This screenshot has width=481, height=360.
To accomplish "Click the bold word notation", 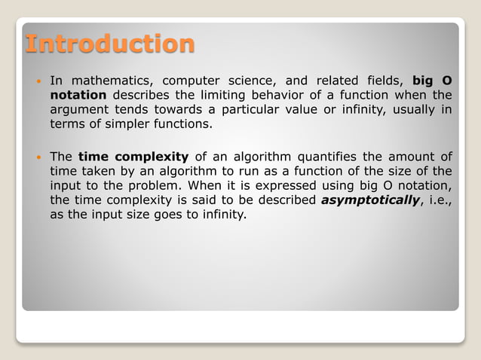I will [x=78, y=95].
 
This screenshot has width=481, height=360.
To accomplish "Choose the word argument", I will [x=77, y=110].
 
